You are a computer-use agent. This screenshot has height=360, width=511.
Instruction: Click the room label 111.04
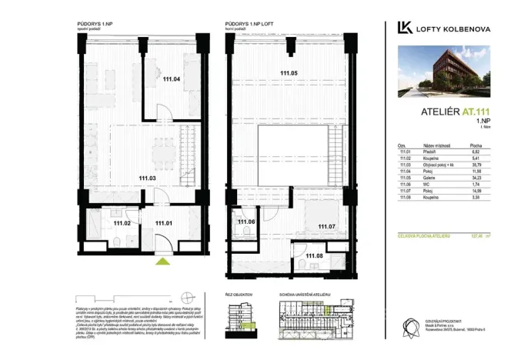[x=171, y=78]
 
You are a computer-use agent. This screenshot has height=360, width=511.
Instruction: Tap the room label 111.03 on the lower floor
[x=148, y=178]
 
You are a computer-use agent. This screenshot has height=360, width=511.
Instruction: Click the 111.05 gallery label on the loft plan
[x=289, y=73]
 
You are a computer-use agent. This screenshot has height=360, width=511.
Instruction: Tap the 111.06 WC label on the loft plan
[x=245, y=222]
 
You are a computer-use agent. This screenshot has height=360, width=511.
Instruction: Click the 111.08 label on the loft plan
[x=314, y=255]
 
